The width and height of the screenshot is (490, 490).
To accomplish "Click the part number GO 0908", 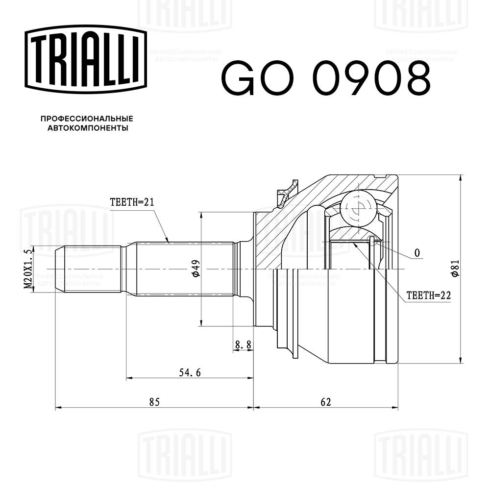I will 326,78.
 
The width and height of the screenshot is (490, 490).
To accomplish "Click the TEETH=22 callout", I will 427,295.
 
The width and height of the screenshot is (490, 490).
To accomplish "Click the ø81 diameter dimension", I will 454,269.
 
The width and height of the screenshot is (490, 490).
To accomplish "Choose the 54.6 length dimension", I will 189,372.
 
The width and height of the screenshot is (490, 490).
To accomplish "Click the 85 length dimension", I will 154,402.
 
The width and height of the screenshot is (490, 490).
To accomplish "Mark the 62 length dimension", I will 326,402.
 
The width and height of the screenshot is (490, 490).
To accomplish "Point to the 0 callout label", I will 417,253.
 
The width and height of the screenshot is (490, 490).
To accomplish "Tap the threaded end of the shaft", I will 88,269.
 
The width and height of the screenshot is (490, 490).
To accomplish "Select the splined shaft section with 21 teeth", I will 184,269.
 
